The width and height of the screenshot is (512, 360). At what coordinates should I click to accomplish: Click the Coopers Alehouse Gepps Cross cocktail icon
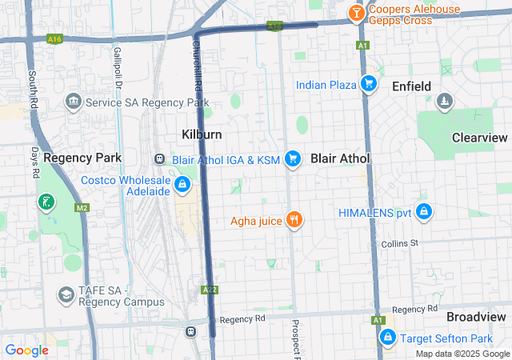click(355, 13)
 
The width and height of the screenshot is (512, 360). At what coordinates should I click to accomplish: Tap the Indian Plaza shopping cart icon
click(368, 84)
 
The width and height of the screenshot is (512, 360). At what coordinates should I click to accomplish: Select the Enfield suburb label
click(411, 86)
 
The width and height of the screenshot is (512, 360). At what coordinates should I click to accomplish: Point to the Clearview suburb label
click(480, 138)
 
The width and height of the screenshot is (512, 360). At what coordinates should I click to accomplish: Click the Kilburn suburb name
click(202, 134)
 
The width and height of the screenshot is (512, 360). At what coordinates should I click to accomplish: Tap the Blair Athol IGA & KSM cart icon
click(293, 159)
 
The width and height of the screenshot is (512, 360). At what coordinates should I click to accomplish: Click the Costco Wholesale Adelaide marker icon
click(182, 186)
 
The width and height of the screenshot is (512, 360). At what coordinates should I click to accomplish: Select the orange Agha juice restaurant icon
click(294, 220)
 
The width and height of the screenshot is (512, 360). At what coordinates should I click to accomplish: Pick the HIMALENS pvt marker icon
click(424, 212)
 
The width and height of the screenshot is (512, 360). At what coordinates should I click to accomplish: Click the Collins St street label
click(400, 243)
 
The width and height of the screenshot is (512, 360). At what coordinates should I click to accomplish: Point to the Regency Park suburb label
click(82, 158)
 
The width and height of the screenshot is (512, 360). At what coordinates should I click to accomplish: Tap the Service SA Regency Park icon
click(74, 102)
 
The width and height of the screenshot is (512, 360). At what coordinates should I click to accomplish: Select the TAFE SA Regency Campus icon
click(65, 295)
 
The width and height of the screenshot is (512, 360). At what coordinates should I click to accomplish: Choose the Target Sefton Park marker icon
click(388, 338)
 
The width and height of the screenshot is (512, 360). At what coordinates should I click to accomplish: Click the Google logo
click(27, 350)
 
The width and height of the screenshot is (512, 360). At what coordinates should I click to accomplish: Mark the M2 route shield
click(82, 208)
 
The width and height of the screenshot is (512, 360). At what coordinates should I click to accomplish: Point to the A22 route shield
click(210, 289)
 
